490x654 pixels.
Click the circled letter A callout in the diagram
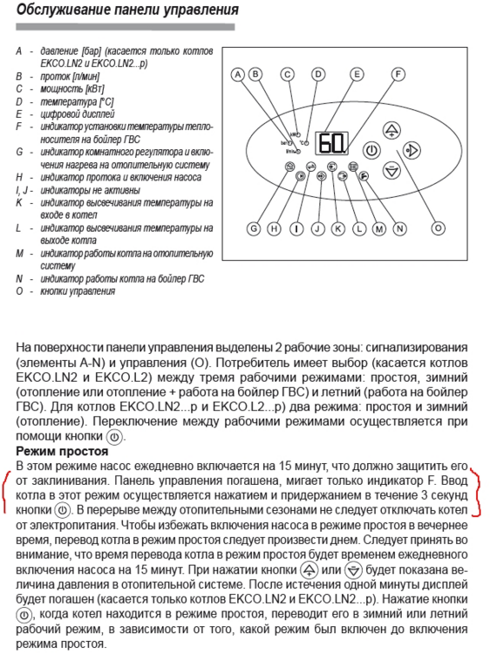pos(238,74)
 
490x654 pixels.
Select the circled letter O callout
pos(438,228)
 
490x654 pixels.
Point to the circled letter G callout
pos(255,228)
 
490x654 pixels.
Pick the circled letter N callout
pos(401,228)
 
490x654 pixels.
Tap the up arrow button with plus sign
pos(392,131)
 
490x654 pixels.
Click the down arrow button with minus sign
pos(392,171)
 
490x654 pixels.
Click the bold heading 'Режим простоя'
pos(61,451)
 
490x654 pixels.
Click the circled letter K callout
pos(338,228)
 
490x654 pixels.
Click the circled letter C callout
pos(288,74)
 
